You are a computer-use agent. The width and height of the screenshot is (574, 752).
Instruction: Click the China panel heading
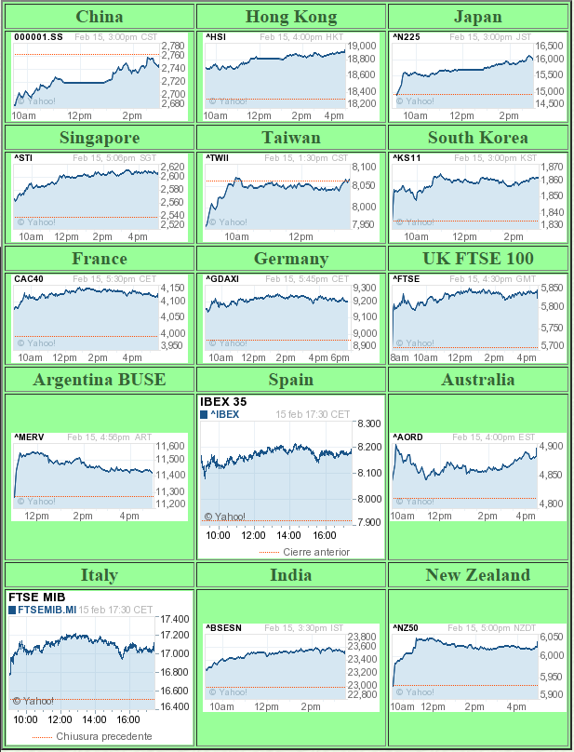click(100, 17)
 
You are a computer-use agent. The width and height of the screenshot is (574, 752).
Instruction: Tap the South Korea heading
click(478, 138)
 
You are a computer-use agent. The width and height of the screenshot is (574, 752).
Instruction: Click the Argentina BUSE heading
click(100, 380)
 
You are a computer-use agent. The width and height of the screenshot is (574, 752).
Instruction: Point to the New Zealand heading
click(478, 575)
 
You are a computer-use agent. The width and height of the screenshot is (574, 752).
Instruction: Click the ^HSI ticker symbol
click(216, 37)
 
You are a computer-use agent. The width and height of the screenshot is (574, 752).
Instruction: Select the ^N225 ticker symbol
click(407, 37)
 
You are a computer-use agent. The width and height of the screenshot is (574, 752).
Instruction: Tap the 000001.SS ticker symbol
click(37, 37)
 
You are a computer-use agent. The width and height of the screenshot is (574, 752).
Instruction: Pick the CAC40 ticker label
click(29, 278)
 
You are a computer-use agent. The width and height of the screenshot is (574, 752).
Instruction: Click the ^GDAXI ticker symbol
click(222, 278)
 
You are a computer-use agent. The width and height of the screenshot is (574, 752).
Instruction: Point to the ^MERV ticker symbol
click(30, 436)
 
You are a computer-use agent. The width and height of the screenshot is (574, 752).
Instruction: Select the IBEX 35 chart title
click(223, 402)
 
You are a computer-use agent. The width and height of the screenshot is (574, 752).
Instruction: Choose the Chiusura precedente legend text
click(103, 736)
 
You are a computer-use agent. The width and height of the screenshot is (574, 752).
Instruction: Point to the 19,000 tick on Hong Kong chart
click(363, 46)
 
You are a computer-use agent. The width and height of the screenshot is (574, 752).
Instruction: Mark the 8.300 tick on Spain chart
click(368, 423)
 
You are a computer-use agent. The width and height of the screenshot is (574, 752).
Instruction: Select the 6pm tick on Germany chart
click(340, 358)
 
